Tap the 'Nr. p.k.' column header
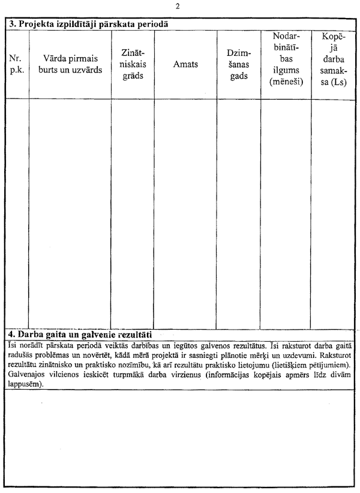(x=17, y=64)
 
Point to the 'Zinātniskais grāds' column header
(x=132, y=64)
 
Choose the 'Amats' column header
(x=185, y=64)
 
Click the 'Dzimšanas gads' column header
(x=238, y=64)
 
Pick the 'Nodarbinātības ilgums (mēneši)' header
(x=285, y=59)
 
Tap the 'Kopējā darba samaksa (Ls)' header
(x=333, y=59)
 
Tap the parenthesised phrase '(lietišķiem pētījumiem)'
(x=305, y=364)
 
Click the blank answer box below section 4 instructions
(x=179, y=438)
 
